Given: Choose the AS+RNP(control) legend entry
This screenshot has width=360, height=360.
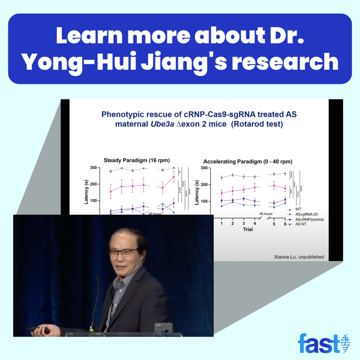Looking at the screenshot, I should pyautogui.click(x=313, y=219).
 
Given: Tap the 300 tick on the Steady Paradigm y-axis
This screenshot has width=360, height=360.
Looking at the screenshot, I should pyautogui.click(x=93, y=168).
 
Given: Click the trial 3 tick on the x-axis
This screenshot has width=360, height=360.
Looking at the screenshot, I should pyautogui.click(x=243, y=224).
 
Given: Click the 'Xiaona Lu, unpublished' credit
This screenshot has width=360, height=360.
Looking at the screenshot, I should pyautogui.click(x=298, y=256).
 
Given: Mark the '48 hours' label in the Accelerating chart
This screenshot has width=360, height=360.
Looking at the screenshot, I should pyautogui.click(x=265, y=214).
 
